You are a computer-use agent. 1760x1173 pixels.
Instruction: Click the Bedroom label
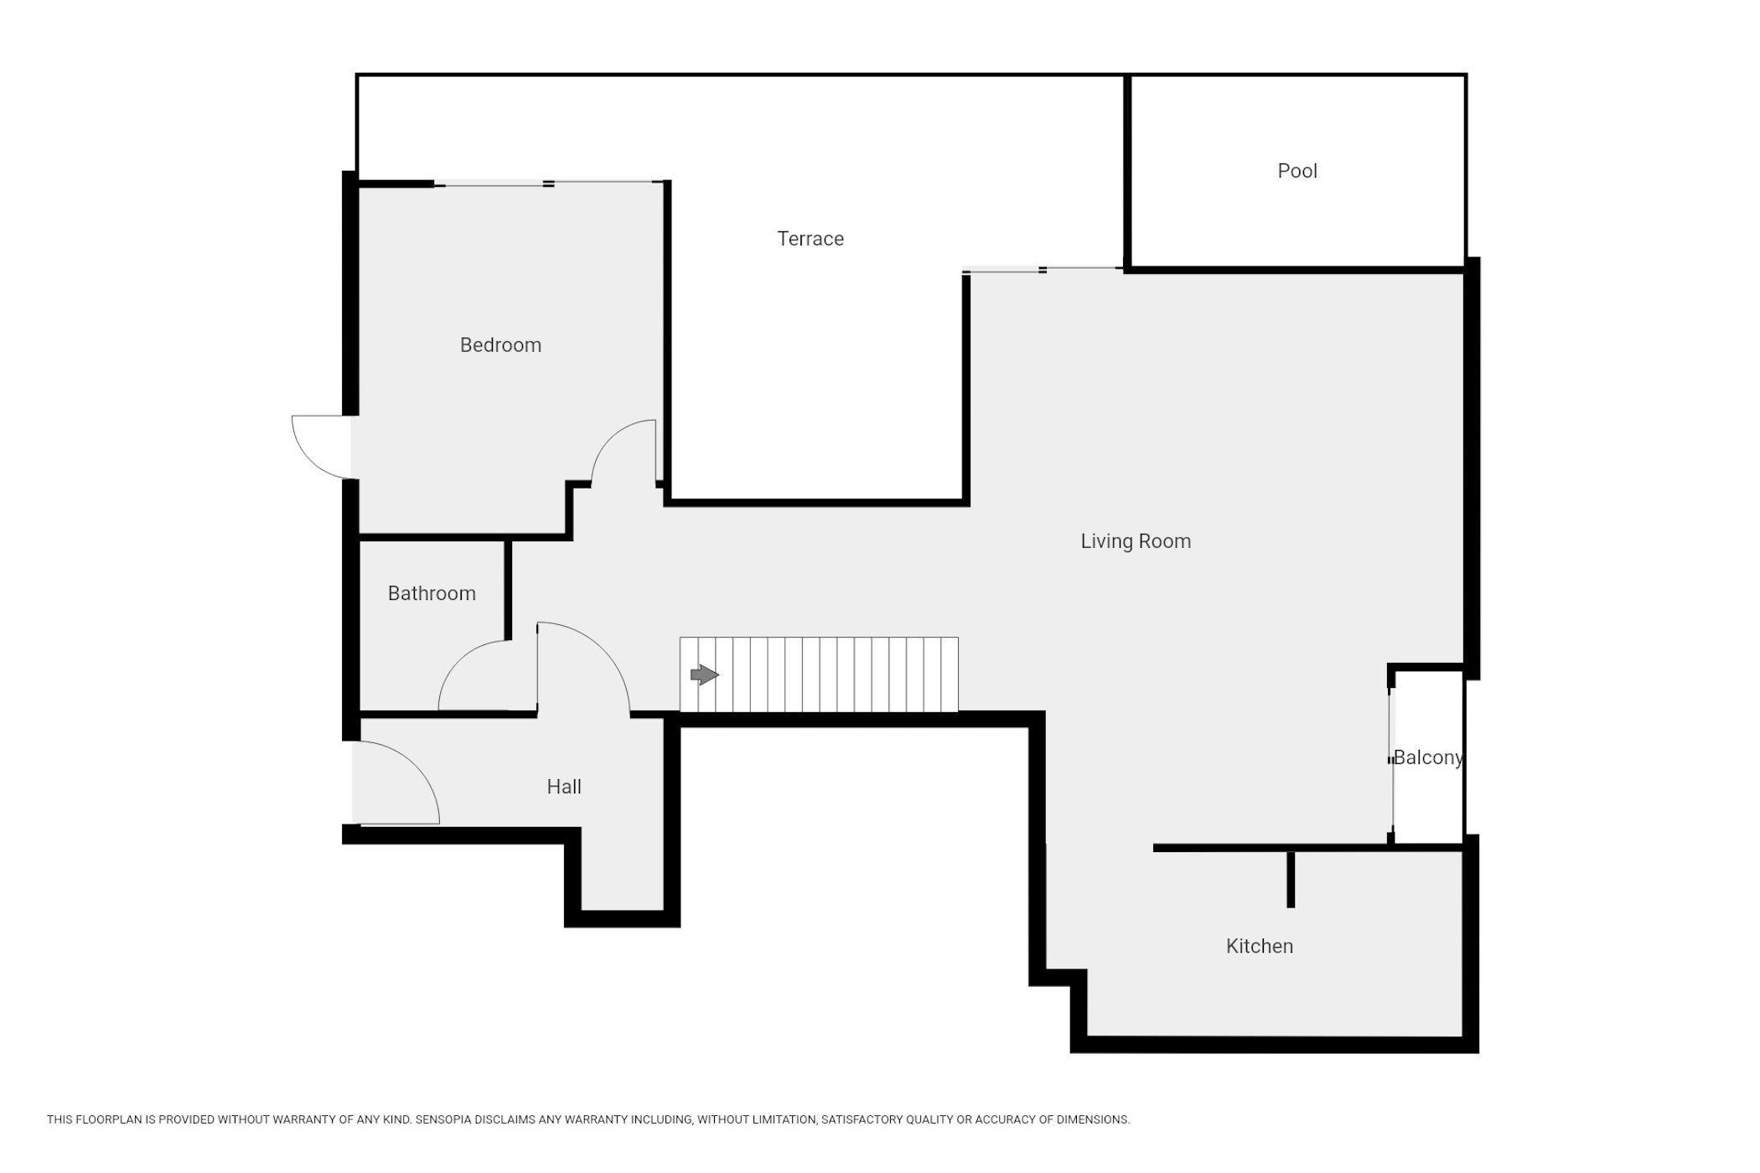pos(500,345)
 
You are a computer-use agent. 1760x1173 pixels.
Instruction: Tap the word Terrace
pos(810,239)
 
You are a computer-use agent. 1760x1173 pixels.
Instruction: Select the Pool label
pos(1297,171)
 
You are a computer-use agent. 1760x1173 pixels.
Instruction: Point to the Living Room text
pos(1136,541)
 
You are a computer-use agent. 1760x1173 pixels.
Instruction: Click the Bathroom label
pos(432,593)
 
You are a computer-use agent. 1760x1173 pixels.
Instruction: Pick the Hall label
pos(564,787)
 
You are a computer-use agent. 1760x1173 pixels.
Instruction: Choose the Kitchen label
pos(1260,946)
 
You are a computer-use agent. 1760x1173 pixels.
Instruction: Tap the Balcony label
pos(1428,757)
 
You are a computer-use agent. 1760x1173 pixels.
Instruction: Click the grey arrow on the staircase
pos(704,674)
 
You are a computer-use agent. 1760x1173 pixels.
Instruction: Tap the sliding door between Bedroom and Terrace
pos(549,183)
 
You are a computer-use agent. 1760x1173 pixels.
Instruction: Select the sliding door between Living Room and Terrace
pos(1043,270)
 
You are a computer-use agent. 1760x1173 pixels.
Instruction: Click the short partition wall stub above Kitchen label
pos(1291,879)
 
